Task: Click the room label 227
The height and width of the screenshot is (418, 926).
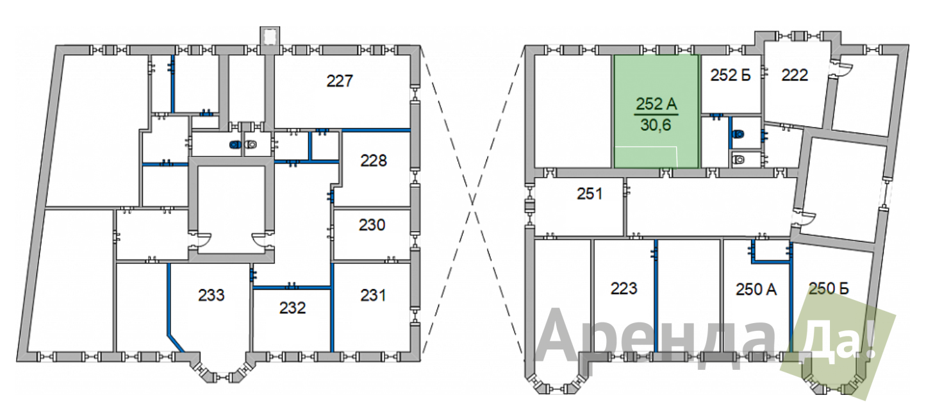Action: click(340, 81)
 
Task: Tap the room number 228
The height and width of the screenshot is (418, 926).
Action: click(374, 160)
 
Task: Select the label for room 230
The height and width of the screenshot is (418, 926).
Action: click(372, 225)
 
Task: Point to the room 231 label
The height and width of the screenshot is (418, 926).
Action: click(373, 295)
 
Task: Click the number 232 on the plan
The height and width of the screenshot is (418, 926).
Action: click(292, 308)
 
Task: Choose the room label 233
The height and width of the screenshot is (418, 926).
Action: click(211, 295)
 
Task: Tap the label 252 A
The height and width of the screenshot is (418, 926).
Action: click(656, 104)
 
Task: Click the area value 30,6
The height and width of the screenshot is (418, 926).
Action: click(656, 124)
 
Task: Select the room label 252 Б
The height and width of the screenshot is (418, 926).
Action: click(730, 75)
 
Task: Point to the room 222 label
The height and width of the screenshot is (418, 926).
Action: click(795, 75)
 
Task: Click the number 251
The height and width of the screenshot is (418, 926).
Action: click(590, 194)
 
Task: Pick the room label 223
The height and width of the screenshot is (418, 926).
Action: click(624, 288)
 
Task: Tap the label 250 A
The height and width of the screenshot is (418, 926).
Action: click(756, 289)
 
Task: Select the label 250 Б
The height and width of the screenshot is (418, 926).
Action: click(829, 288)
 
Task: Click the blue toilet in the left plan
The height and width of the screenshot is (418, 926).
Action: click(236, 145)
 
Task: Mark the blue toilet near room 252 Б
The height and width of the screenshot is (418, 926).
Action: click(738, 134)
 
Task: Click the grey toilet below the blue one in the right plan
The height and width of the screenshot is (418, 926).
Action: click(738, 159)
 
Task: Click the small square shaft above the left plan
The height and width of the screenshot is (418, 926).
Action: click(270, 37)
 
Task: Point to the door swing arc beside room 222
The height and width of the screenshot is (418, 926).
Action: click(843, 69)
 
